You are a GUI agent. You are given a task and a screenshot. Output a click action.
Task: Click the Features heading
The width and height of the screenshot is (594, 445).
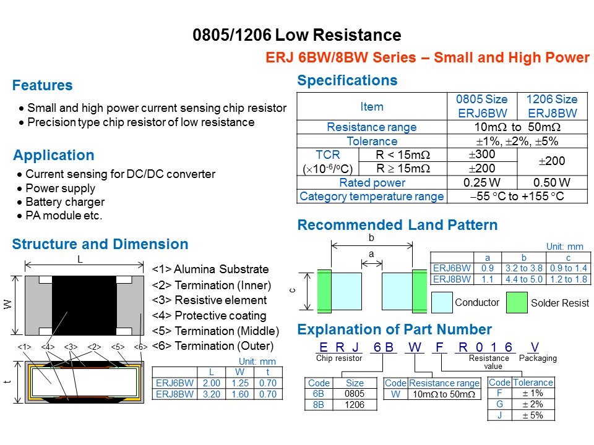pos(43,85)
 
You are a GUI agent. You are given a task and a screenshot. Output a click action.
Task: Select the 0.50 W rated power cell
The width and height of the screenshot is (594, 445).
pos(551,183)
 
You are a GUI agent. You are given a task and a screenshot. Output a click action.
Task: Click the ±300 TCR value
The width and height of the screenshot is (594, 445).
pos(482,155)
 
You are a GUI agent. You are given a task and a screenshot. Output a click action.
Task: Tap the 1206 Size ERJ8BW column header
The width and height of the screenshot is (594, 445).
pos(552,106)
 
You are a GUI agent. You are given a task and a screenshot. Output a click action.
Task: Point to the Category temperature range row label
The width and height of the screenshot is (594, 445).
pos(372,197)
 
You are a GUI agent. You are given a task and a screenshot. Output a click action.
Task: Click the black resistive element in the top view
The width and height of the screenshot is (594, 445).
pos(84,306)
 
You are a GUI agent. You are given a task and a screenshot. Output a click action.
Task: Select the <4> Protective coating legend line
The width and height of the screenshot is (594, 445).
pos(209,316)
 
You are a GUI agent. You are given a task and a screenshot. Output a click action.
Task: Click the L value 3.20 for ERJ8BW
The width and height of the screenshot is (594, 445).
pos(212,394)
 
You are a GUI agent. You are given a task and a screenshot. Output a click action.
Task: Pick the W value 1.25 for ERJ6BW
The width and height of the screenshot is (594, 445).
pos(240,383)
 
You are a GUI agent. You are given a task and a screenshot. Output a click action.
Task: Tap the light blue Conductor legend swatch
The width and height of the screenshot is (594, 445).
pos(442,302)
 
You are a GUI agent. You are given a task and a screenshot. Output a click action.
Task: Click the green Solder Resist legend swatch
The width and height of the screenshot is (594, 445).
pos(517,302)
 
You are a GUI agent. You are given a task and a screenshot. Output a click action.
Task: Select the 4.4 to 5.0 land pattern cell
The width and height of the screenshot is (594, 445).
pos(524,279)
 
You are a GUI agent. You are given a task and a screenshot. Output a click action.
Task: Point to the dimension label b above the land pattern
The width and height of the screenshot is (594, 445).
pos(371,237)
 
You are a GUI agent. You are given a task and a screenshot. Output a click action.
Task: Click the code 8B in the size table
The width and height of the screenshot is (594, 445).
pos(319,405)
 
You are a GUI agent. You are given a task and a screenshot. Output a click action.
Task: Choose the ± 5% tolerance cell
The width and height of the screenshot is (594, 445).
pos(533,415)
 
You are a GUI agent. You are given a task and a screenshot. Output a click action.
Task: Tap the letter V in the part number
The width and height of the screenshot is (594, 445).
pos(535,347)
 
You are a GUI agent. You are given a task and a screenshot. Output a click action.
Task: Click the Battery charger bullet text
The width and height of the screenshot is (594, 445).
pos(65,202)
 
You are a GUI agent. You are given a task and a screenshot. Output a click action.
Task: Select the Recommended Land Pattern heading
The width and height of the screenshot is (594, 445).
pos(397,225)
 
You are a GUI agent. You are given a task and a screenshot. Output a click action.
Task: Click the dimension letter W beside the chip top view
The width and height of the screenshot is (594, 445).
pos(7,304)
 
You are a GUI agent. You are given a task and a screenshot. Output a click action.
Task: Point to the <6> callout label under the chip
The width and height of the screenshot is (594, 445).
pos(140,347)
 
